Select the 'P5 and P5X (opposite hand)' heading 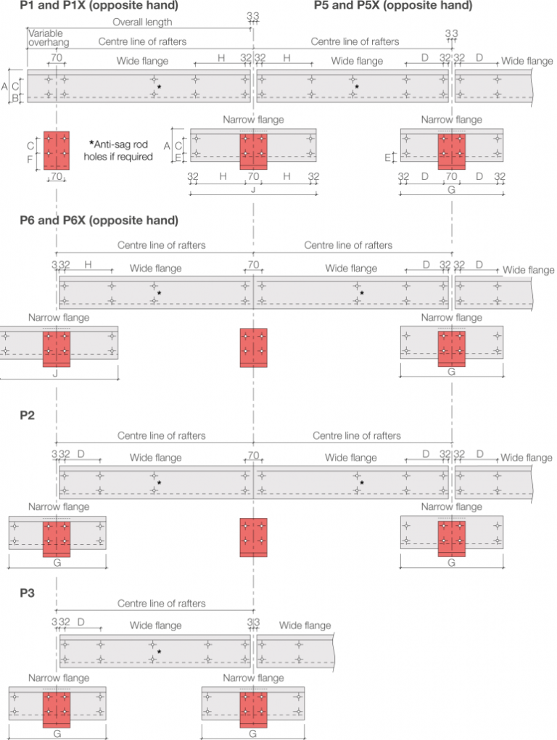tap(393, 7)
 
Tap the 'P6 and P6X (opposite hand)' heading tap(99, 221)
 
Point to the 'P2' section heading tap(28, 416)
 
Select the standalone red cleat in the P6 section tap(253, 347)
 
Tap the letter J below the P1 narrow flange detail tap(252, 189)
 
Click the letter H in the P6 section tap(88, 264)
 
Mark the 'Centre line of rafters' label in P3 tap(162, 604)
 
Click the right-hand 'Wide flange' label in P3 tap(305, 625)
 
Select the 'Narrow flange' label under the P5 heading tap(450, 120)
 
